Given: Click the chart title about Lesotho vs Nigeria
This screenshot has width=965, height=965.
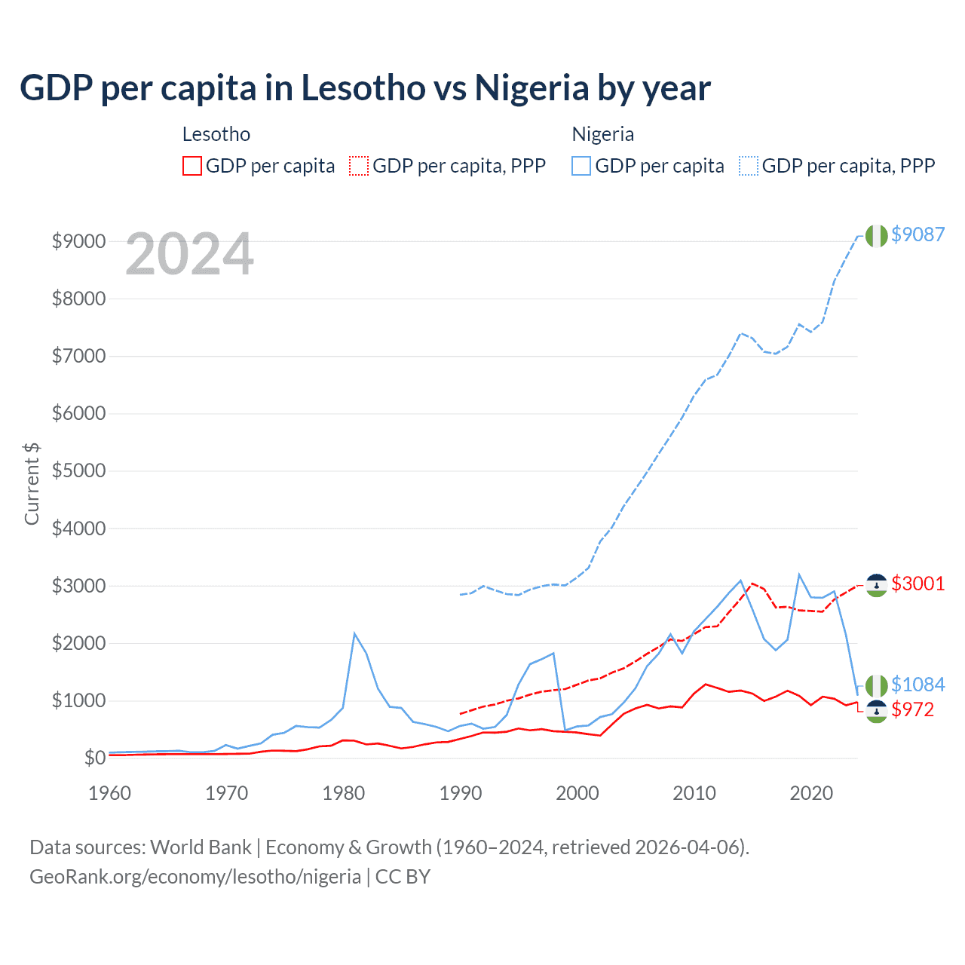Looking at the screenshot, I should coord(365,87).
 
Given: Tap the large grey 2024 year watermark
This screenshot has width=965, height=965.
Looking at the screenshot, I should coord(189,254).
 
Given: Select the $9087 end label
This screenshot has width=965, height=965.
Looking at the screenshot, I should coord(918,234).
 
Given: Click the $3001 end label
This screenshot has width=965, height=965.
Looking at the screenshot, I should coord(918,584).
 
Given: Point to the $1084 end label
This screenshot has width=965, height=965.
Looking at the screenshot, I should coord(918,685).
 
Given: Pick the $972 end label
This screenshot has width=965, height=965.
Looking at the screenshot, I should coord(912,709).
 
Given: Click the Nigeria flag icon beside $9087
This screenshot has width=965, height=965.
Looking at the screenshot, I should coord(876,235).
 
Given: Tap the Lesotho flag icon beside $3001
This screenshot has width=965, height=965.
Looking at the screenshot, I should coord(876,585).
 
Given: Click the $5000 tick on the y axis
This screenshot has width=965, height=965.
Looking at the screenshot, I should coord(78,471).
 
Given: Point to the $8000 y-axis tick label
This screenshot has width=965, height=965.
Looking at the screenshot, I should coord(78,299).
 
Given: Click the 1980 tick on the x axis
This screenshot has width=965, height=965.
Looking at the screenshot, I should coord(344,793).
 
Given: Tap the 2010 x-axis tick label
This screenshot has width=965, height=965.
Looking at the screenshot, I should coord(694,793).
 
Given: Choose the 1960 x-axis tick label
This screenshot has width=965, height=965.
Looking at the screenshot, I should coord(110,793).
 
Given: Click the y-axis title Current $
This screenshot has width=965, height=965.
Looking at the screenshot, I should coord(32,484).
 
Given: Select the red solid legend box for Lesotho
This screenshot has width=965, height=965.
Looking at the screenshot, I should coord(192,166).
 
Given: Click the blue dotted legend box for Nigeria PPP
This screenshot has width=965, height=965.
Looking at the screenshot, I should coord(749,166).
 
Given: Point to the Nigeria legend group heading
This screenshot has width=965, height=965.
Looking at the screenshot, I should coord(602,134).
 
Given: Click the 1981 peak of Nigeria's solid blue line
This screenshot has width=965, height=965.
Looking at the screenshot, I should coord(354,633).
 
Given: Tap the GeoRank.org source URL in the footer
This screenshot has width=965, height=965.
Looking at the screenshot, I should coord(195,877).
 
